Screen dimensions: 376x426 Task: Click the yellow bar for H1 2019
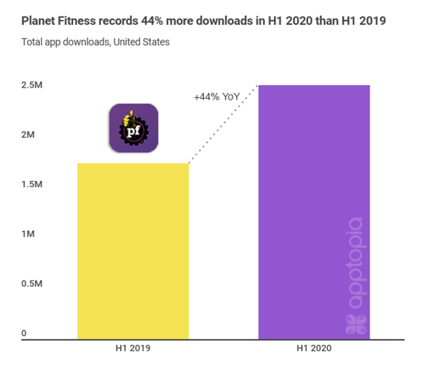[x=132, y=252]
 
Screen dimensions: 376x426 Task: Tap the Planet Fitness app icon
[x=133, y=129]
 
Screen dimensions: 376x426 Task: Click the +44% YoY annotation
[x=217, y=96]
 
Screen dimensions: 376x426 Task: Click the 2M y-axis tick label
[x=29, y=135]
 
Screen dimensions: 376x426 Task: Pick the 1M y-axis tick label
[x=29, y=234]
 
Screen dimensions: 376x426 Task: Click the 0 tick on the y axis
[x=24, y=333]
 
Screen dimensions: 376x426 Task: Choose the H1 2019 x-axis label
[x=133, y=349]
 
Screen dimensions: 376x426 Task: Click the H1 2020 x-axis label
[x=314, y=349]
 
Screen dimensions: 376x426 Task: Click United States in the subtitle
[x=141, y=41]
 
